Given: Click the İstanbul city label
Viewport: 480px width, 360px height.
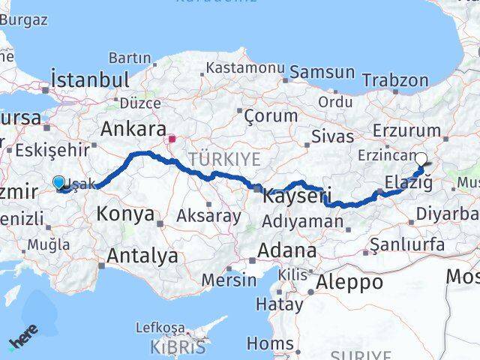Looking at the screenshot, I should [x=89, y=79].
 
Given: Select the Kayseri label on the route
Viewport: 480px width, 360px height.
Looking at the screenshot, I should [x=296, y=197].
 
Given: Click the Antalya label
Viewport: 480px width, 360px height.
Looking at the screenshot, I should [x=142, y=256].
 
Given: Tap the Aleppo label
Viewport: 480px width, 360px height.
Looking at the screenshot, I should [x=349, y=282].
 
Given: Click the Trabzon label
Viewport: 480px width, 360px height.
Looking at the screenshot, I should [x=395, y=80].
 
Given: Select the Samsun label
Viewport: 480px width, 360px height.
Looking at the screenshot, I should [x=322, y=72].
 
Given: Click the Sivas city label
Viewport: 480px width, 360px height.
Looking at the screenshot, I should [x=331, y=136].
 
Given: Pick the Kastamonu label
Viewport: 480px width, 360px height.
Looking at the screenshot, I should [x=245, y=67].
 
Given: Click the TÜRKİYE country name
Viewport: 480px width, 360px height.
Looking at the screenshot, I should [x=224, y=159].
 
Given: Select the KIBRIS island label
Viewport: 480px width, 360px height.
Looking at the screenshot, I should [x=178, y=347].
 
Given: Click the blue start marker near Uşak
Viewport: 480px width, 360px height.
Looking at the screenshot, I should [x=59, y=181].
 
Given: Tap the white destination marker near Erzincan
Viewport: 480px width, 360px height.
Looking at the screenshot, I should [x=421, y=159].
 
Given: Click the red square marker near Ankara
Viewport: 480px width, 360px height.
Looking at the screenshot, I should [x=172, y=139].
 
